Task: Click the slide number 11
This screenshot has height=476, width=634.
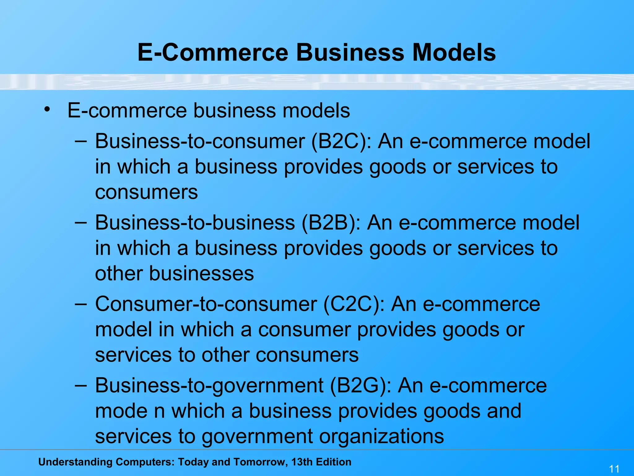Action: point(614,469)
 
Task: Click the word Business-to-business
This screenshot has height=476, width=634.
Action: point(195,223)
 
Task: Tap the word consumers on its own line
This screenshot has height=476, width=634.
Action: point(146,192)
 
